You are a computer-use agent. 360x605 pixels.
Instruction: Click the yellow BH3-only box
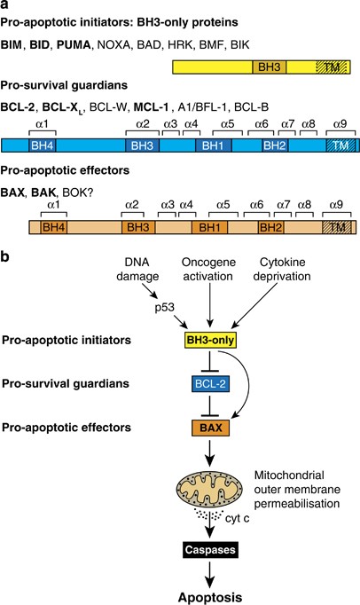tap(210, 340)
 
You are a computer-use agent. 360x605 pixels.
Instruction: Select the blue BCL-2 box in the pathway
tap(210, 384)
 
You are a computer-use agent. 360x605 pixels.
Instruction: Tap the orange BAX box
tap(211, 428)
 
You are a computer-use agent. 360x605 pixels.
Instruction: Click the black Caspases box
tap(210, 550)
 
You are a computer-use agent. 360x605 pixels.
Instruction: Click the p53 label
tap(165, 309)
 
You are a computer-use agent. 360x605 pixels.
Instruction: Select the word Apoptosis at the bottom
tap(210, 597)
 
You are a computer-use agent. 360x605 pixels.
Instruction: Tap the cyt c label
tap(238, 519)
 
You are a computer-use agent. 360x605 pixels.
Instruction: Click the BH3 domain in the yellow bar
tap(270, 67)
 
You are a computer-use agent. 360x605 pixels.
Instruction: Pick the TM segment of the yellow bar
tap(332, 67)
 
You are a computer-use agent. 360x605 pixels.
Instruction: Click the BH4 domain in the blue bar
tap(43, 145)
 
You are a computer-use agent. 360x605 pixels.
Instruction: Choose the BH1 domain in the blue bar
tap(214, 145)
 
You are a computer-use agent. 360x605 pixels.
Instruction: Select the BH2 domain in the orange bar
tap(270, 227)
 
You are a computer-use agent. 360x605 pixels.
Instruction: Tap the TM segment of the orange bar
tap(337, 227)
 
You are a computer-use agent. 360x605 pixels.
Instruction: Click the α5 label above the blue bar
tap(228, 124)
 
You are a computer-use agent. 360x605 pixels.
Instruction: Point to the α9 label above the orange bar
tap(336, 204)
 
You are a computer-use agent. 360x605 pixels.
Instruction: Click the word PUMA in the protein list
tap(74, 44)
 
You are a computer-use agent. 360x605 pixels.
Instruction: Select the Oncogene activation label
tap(207, 270)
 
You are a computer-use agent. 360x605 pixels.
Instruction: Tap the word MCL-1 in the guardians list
tap(151, 106)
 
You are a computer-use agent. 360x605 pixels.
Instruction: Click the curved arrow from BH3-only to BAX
tap(248, 382)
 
